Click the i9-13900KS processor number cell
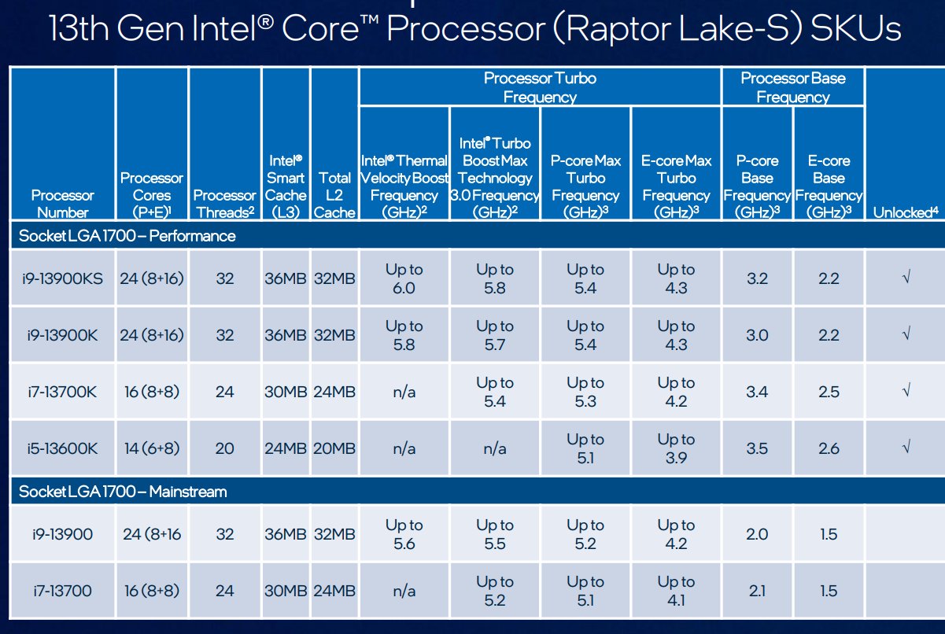tap(61, 278)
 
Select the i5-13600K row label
tap(61, 448)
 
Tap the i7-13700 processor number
tap(61, 591)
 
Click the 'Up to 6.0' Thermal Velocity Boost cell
tap(404, 278)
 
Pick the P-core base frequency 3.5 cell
tap(756, 448)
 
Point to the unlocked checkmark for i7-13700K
tap(906, 392)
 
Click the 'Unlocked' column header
tap(906, 212)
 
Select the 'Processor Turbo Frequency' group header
tap(540, 87)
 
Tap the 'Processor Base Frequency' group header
tap(792, 87)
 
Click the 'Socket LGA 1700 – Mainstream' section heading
tap(123, 492)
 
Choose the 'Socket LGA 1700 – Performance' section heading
tap(127, 236)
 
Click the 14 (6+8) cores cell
tap(151, 448)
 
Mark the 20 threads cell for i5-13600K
tap(224, 448)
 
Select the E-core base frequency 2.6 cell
tap(829, 448)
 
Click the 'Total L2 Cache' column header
tap(334, 195)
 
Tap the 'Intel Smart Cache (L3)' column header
tap(285, 186)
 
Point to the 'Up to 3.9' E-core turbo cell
tap(676, 448)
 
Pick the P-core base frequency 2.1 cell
tap(756, 591)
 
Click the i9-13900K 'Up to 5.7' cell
tap(494, 335)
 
